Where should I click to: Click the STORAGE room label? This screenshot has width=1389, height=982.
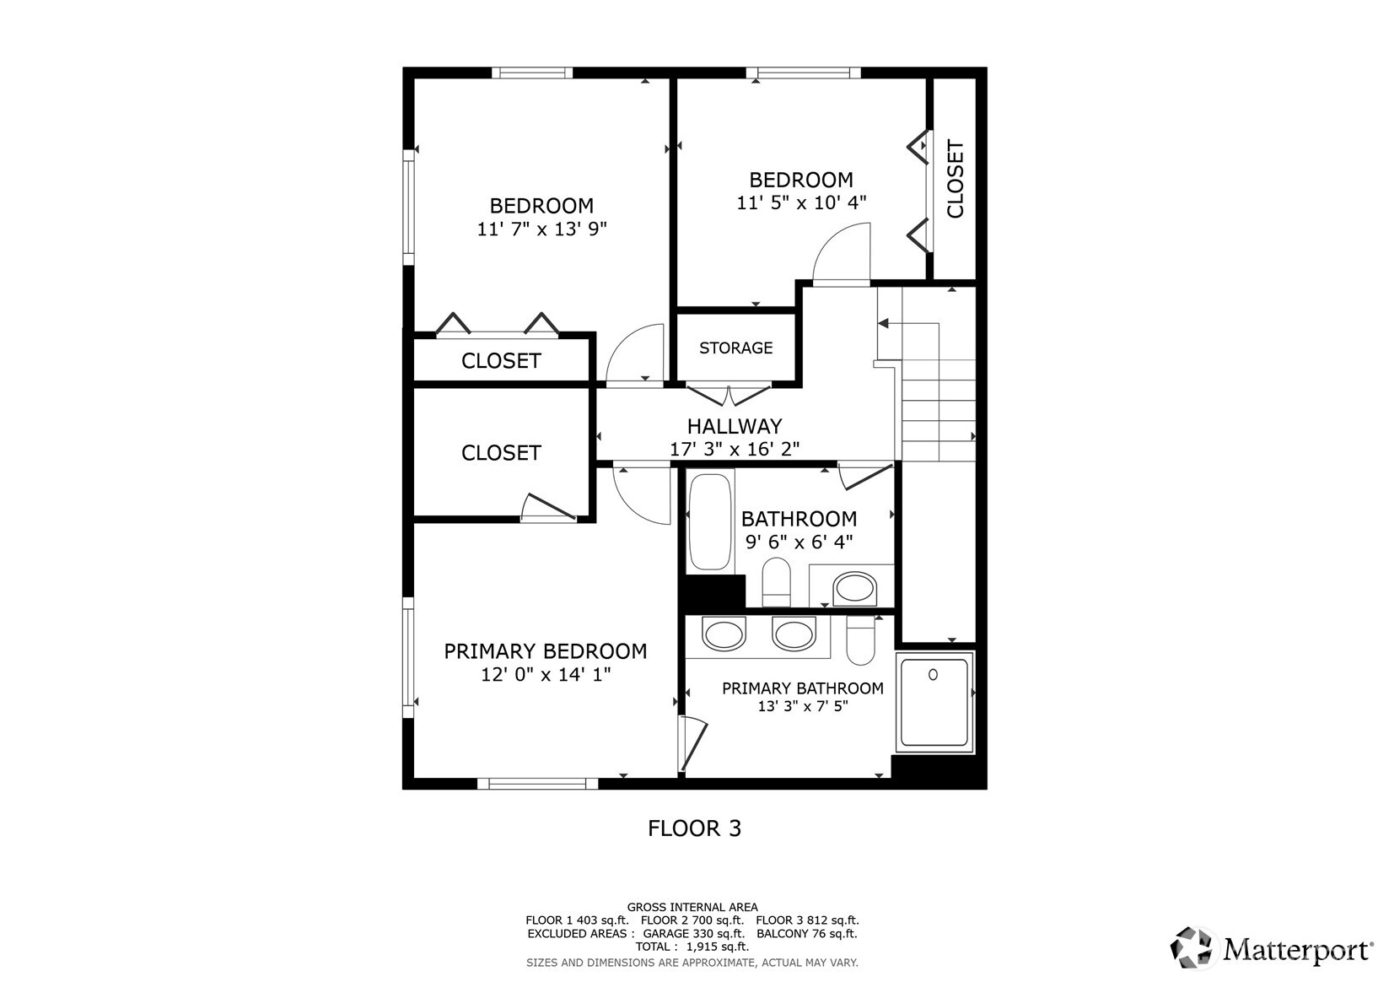click(735, 348)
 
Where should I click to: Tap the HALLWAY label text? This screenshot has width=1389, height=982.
click(734, 426)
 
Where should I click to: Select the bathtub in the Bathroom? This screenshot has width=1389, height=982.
click(709, 522)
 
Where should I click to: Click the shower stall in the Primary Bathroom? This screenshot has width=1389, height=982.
click(934, 702)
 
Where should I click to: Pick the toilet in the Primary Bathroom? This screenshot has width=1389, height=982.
click(861, 641)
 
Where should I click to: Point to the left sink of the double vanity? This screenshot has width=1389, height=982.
click(724, 634)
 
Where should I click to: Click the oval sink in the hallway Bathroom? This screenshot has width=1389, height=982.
click(854, 587)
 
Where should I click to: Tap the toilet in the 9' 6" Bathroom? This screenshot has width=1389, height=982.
click(776, 581)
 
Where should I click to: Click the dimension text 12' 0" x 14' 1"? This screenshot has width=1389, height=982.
click(545, 675)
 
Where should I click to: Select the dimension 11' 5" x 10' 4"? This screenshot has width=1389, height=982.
click(801, 203)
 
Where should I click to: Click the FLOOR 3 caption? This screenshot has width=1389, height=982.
click(694, 828)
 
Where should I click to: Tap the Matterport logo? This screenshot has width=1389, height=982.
click(1271, 949)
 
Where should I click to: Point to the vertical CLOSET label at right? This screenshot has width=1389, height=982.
click(955, 180)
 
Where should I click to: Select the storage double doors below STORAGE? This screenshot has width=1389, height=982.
click(729, 394)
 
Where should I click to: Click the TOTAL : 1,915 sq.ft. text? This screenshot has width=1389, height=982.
click(692, 947)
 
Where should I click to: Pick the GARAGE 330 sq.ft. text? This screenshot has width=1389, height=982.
click(693, 934)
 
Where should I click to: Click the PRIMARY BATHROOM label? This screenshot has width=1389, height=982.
click(802, 688)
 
